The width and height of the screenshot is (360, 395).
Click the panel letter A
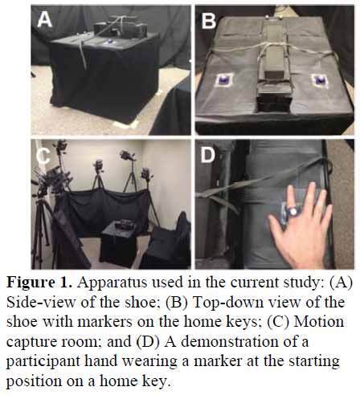point(44,19)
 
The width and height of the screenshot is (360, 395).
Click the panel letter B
point(208,20)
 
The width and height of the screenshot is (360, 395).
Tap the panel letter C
point(43,155)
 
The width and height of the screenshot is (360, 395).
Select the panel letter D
point(208,154)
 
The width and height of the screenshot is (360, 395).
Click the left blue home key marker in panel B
point(224,80)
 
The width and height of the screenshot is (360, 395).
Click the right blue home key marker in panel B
point(321,80)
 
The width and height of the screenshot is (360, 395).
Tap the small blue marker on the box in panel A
point(109,41)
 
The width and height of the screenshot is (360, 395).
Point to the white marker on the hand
point(293,211)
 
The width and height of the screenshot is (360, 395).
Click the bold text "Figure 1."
point(39,283)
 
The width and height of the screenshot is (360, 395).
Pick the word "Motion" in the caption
point(319,322)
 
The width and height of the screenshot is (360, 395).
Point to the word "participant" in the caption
point(43,362)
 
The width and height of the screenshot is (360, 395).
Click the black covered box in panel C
point(118,242)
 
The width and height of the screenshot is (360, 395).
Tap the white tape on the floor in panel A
point(126,124)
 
